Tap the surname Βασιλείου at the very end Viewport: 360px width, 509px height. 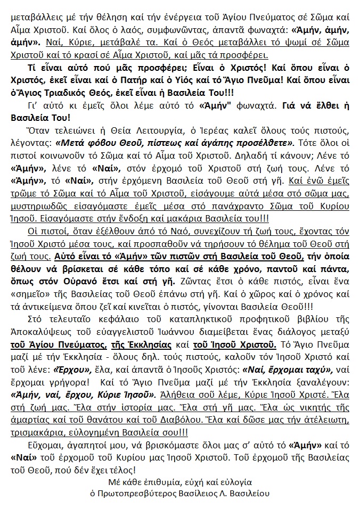point(250,494)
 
